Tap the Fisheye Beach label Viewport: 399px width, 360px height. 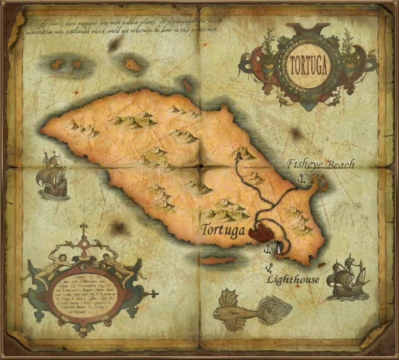pos(321,165)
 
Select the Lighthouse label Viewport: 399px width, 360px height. pos(293,280)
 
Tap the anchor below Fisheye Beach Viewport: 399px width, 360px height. pos(300,179)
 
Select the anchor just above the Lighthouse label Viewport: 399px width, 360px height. pos(269,267)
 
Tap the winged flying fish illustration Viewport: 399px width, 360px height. pos(237,309)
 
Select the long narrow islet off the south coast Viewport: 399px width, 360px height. pos(218,261)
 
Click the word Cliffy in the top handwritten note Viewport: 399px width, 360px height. pos(39,22)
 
